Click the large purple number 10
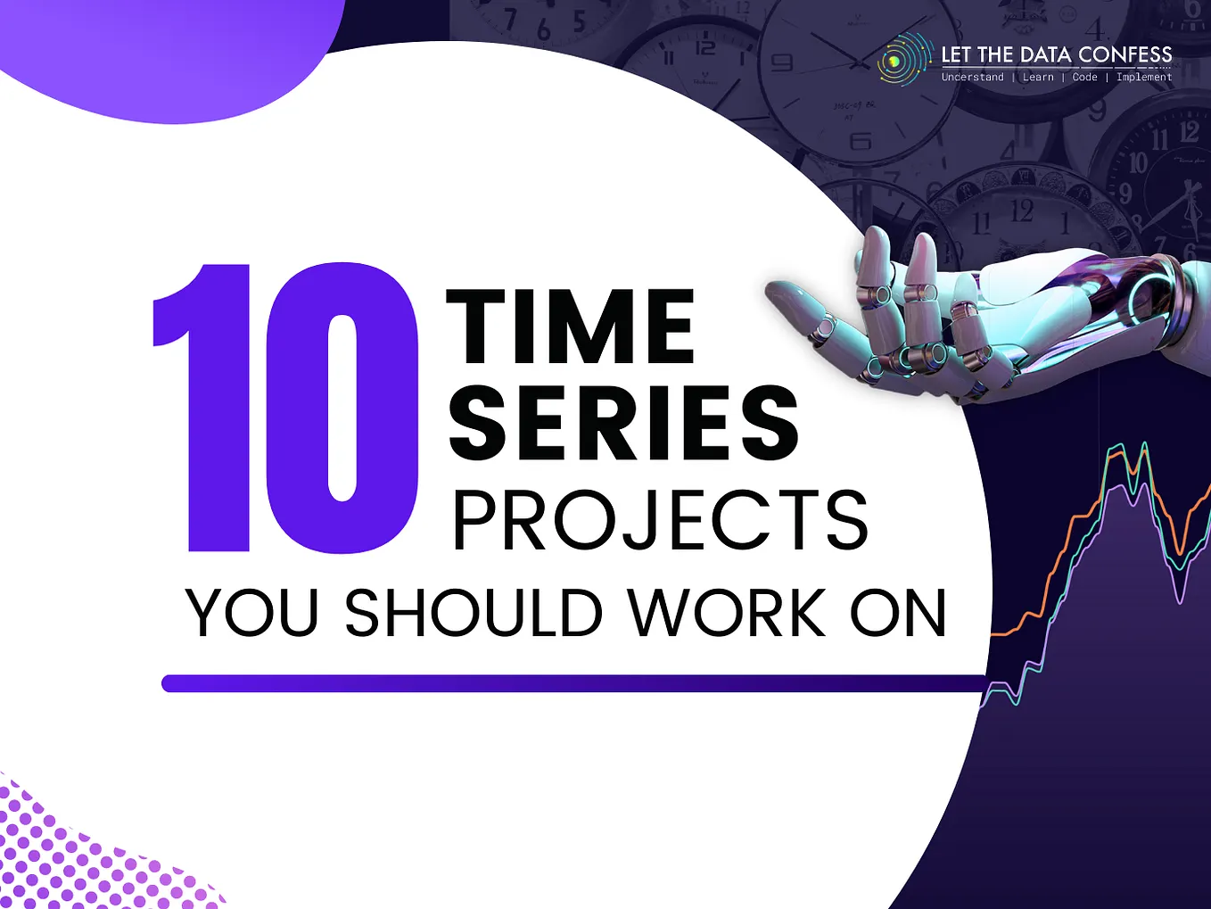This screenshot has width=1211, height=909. click(285, 409)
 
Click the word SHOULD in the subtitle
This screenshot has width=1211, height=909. click(474, 613)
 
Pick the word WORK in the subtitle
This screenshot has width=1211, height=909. click(727, 613)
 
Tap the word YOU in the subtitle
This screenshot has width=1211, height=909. click(252, 613)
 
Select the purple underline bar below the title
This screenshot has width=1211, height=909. click(571, 683)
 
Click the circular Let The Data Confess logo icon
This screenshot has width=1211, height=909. click(902, 61)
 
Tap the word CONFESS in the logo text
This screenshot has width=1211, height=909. click(1124, 55)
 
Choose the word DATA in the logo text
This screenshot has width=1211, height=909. click(1045, 55)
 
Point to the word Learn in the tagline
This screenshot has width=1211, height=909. click(1038, 78)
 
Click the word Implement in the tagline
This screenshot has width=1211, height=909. click(1144, 78)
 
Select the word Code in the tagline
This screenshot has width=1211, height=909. click(1084, 78)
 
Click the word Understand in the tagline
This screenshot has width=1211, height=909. click(972, 78)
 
